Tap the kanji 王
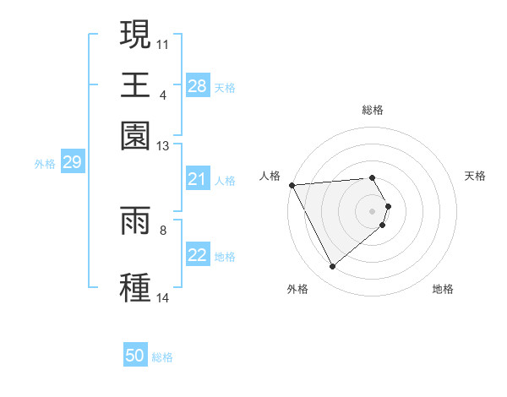(x=136, y=85)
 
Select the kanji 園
(x=136, y=135)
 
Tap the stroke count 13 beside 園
(x=163, y=146)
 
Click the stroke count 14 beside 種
(x=163, y=298)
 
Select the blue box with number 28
(x=198, y=85)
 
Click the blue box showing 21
(x=198, y=179)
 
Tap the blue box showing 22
(x=198, y=256)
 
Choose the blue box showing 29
(x=72, y=162)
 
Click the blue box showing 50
(x=135, y=356)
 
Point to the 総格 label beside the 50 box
(x=162, y=357)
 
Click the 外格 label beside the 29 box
(x=45, y=164)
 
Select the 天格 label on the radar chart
(x=475, y=176)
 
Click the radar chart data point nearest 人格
(x=292, y=185)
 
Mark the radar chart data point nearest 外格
(x=333, y=267)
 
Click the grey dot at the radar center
(x=373, y=210)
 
